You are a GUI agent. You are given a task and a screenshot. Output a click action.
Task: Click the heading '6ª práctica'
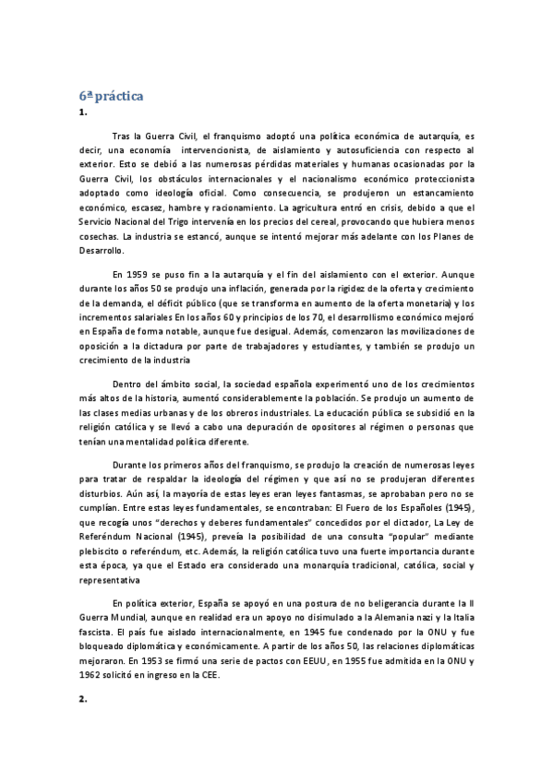[x=110, y=96]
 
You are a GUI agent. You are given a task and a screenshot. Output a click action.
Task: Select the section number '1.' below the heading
[x=83, y=113]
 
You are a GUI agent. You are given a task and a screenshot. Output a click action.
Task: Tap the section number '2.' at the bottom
[x=83, y=700]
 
